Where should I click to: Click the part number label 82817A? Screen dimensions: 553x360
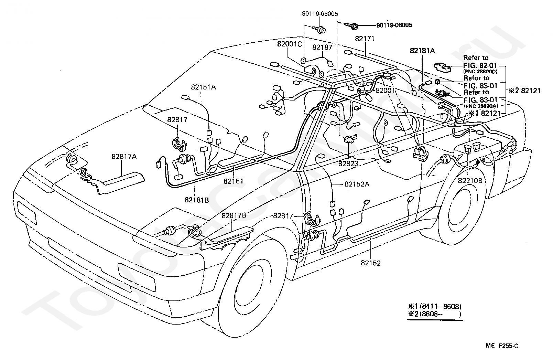124,156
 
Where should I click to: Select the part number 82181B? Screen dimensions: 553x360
197,200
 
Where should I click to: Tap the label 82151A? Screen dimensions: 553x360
203,87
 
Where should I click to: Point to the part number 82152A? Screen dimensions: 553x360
357,184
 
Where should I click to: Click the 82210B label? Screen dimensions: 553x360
470,181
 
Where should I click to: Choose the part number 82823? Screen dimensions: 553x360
348,163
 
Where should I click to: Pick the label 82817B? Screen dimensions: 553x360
234,215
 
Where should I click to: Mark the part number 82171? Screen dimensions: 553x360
365,39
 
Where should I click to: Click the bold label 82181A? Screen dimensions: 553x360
422,51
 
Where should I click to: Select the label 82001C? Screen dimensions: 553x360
290,44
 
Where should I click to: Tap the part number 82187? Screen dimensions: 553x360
322,47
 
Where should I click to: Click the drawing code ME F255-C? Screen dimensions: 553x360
502,346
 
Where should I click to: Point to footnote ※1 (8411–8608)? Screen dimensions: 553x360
434,307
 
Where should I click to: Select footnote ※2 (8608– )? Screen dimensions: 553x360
434,314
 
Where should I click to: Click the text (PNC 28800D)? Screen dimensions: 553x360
480,72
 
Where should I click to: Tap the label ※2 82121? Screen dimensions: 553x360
524,91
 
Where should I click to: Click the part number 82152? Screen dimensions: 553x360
371,263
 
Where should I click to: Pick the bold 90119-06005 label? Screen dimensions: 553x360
394,25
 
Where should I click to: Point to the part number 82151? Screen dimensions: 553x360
233,181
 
